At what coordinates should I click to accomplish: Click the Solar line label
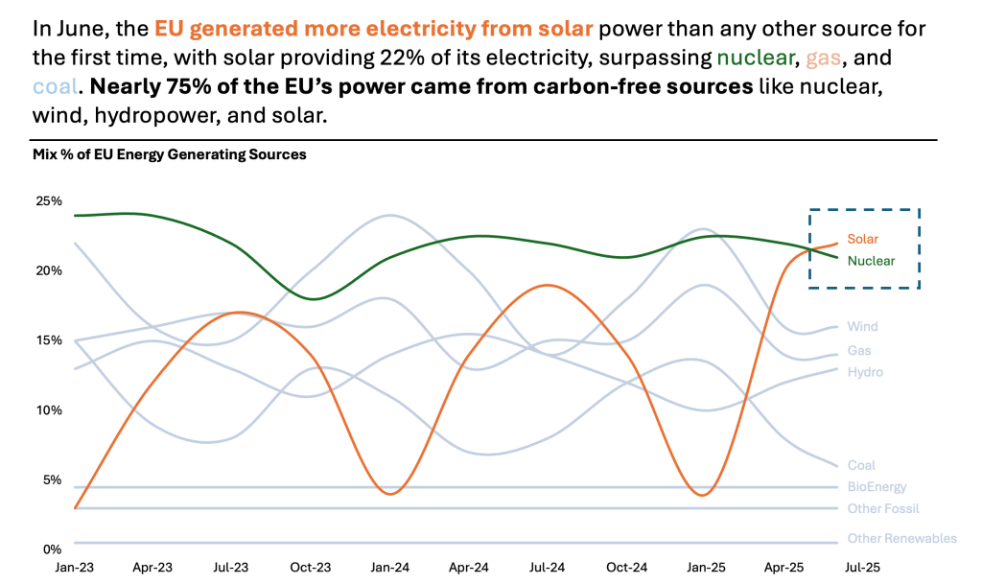pyautogui.click(x=862, y=239)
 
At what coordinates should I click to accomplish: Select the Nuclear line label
pyautogui.click(x=871, y=261)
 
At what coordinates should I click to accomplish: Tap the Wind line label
pyautogui.click(x=862, y=327)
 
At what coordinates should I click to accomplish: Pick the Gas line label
pyautogui.click(x=859, y=351)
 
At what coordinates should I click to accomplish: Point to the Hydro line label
pyautogui.click(x=865, y=372)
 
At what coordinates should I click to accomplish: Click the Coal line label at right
pyautogui.click(x=861, y=466)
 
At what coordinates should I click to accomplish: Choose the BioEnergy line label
pyautogui.click(x=877, y=487)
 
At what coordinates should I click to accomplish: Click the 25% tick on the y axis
pyautogui.click(x=49, y=201)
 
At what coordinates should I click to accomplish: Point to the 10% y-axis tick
pyautogui.click(x=49, y=410)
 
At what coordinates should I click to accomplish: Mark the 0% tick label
pyautogui.click(x=52, y=549)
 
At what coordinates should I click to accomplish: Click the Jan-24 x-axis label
pyautogui.click(x=389, y=568)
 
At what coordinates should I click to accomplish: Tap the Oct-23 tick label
pyautogui.click(x=312, y=568)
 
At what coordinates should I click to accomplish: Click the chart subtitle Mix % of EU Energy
pyautogui.click(x=170, y=154)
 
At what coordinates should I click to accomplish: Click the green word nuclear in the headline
pyautogui.click(x=758, y=58)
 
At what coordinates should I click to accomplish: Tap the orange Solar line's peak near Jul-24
pyautogui.click(x=546, y=285)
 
